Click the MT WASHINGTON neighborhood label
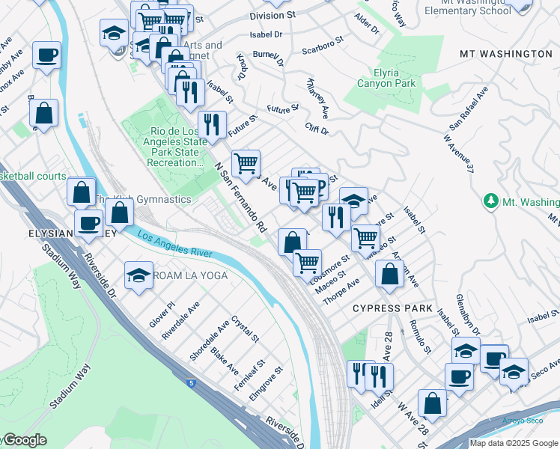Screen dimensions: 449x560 [x=507, y=55]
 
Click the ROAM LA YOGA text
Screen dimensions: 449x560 [x=187, y=276]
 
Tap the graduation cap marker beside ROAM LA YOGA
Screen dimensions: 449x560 [x=139, y=275]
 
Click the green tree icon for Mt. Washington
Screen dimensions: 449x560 [x=491, y=201]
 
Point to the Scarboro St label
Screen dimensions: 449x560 [x=322, y=46]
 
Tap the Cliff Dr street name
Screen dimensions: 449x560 [x=317, y=130]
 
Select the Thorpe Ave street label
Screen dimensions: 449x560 [x=341, y=291]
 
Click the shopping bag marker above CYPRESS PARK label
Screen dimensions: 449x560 [x=389, y=273]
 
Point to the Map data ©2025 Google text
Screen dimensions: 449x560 [x=513, y=443]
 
